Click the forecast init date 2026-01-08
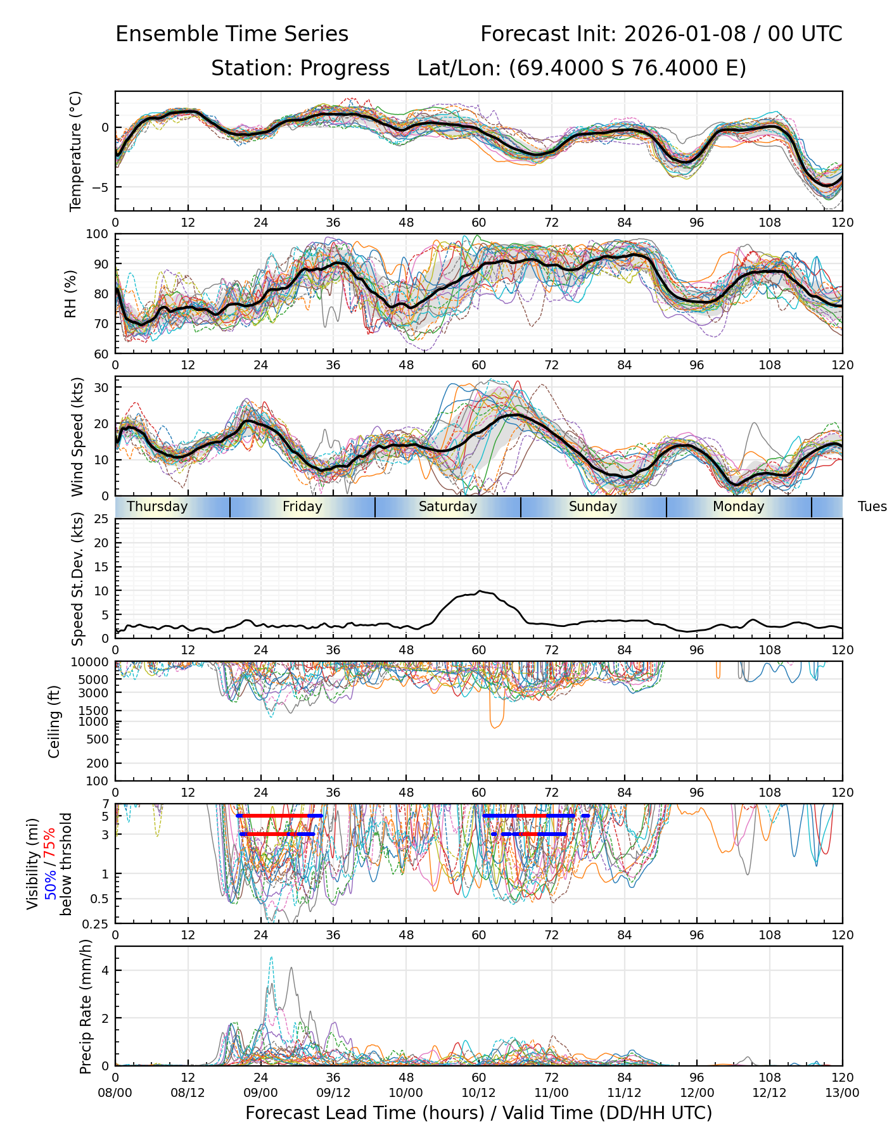click(x=685, y=34)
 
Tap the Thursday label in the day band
click(x=157, y=507)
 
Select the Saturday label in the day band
click(x=448, y=507)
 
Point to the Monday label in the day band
click(x=738, y=507)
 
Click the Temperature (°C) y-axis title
click(x=76, y=151)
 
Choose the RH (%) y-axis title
click(x=70, y=294)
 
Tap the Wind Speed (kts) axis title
click(x=77, y=436)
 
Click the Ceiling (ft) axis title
click(x=54, y=721)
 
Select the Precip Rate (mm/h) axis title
click(x=86, y=1006)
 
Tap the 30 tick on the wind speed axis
click(x=101, y=387)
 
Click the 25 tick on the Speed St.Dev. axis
click(x=101, y=519)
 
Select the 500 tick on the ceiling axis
click(x=98, y=739)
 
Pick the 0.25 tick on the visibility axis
click(x=97, y=923)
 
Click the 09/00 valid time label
click(x=260, y=1092)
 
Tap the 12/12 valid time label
click(x=770, y=1092)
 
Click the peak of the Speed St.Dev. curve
click(x=480, y=591)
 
